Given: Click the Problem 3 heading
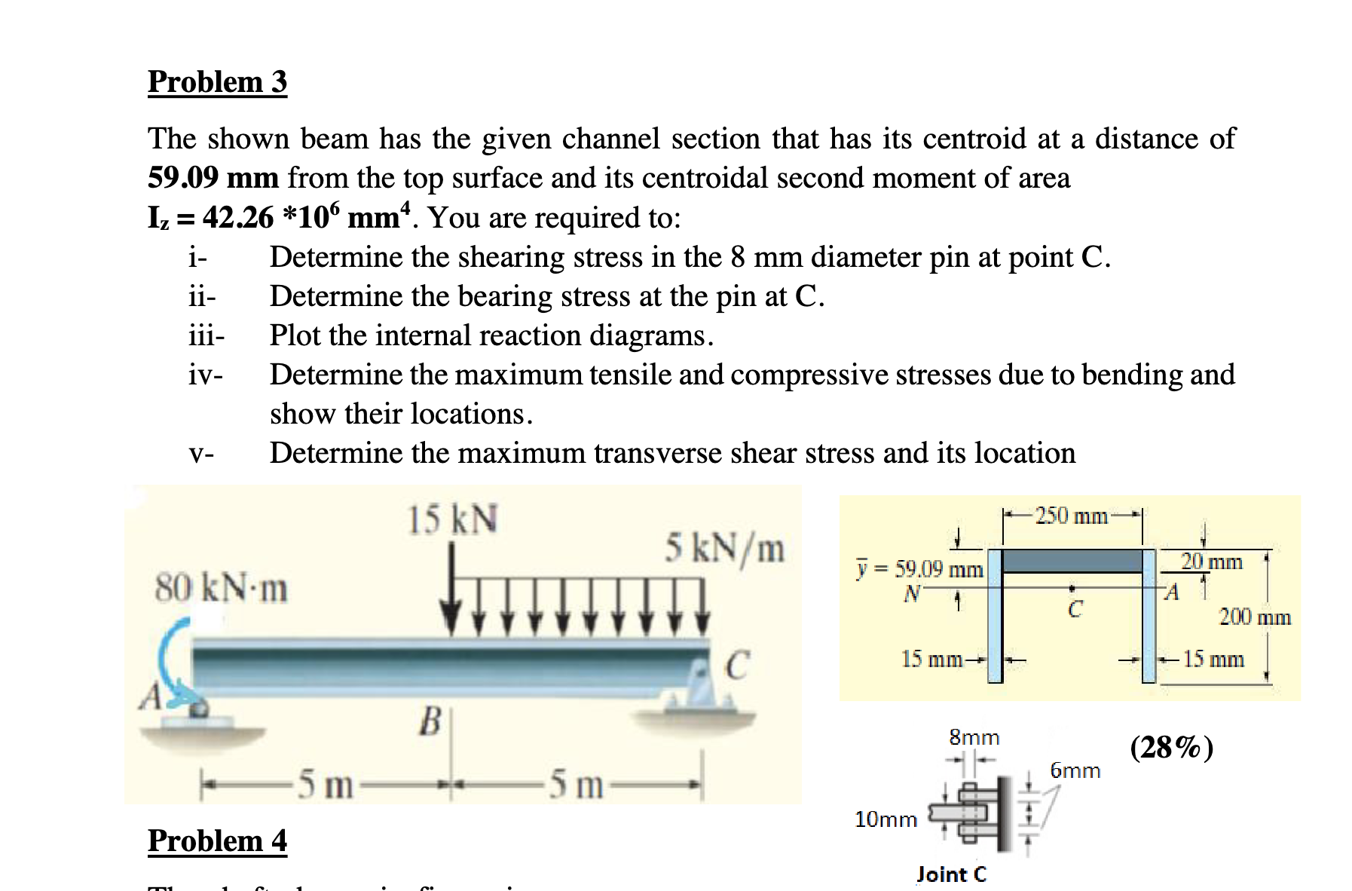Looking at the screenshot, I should click(217, 81).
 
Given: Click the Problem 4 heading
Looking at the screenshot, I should click(217, 840).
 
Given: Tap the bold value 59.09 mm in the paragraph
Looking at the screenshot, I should click(213, 178).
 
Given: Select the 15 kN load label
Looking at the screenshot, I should click(452, 519).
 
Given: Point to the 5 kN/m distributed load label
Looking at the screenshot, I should click(724, 549).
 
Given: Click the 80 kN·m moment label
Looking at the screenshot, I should click(221, 588).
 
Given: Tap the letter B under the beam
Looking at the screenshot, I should click(430, 721).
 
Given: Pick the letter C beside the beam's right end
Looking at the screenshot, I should click(737, 665).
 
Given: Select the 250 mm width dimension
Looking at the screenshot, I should click(1071, 516).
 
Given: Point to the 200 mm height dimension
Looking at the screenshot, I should click(1255, 617).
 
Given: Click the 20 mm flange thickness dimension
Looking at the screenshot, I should click(1212, 562).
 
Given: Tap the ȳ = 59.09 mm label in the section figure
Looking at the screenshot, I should click(919, 568).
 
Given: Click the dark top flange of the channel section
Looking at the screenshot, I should click(1073, 561).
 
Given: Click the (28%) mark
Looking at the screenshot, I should click(1172, 747).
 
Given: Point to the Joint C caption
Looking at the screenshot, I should click(951, 874).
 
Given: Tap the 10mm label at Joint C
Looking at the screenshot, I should click(886, 819).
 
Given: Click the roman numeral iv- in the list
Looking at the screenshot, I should click(206, 375).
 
